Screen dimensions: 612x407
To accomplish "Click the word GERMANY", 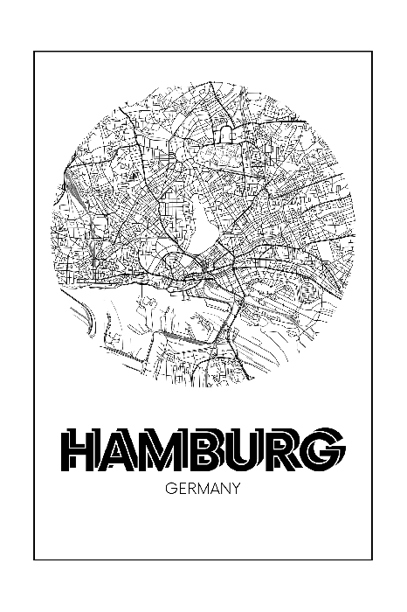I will (x=202, y=490).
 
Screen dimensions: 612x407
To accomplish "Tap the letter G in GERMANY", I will (x=169, y=490).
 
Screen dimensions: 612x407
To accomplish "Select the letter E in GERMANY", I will (x=180, y=490).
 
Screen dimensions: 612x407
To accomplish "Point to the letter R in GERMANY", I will (x=190, y=490).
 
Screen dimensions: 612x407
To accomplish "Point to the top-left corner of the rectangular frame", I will (x=34, y=52).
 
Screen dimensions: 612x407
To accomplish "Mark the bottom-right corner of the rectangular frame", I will (x=373, y=560).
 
